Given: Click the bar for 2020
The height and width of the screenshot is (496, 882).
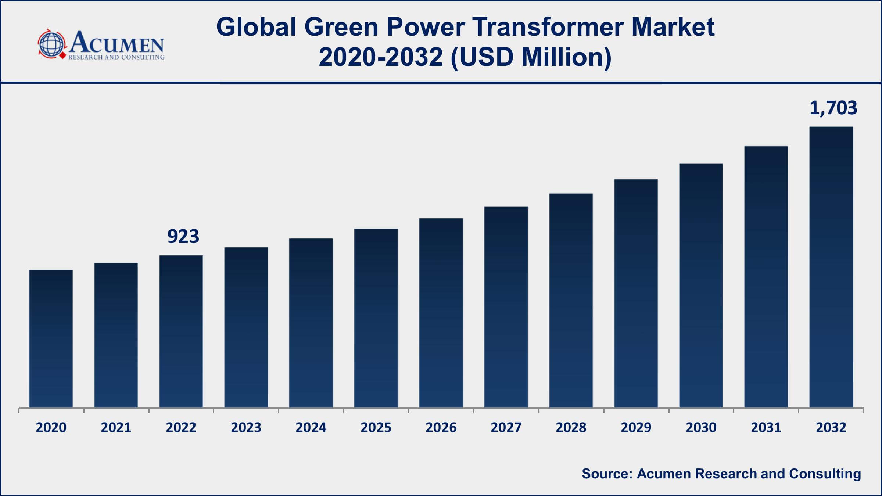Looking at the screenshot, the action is (x=51, y=339).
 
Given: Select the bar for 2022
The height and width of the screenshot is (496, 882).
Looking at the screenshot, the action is (x=181, y=331).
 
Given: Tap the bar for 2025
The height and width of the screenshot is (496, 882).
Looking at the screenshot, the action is (x=376, y=318).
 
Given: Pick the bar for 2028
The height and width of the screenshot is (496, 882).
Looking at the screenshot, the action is (x=571, y=301).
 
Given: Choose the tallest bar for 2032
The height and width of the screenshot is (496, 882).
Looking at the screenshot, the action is (x=831, y=267).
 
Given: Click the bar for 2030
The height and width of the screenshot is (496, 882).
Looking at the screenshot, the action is (x=701, y=286).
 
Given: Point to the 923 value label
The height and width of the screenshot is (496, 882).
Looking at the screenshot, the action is (x=183, y=236).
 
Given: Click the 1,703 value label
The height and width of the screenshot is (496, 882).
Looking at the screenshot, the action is (x=833, y=108).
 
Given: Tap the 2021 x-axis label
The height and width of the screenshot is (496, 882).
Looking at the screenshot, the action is (x=116, y=427).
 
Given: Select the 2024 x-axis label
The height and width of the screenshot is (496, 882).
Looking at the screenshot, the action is (x=311, y=427).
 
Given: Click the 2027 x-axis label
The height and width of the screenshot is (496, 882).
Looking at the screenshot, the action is (x=506, y=427).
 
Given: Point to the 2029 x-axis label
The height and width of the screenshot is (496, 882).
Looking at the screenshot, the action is (x=636, y=427).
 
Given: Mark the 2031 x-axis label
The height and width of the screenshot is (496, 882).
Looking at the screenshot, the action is (x=766, y=427).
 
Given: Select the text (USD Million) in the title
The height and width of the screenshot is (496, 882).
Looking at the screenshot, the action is (x=531, y=58).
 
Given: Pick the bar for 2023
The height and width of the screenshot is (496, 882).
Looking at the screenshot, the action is (x=246, y=327).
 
